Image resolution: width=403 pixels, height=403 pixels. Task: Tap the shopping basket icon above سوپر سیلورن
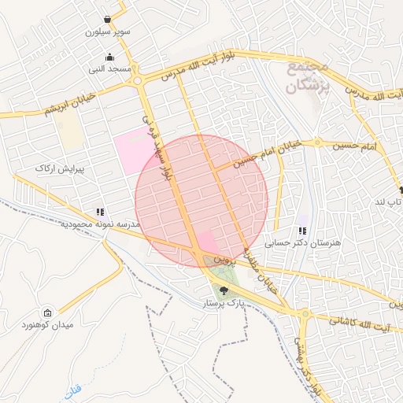(x=106, y=19)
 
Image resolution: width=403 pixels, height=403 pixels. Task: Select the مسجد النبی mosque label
(x=109, y=69)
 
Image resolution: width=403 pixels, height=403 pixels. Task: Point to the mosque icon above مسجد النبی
(x=109, y=56)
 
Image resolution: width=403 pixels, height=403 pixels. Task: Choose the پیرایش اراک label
(x=54, y=168)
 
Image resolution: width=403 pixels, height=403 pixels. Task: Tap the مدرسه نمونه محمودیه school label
(x=100, y=225)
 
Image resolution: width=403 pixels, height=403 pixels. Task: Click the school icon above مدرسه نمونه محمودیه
(x=100, y=212)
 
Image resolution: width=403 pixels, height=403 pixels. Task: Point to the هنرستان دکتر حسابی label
(x=303, y=244)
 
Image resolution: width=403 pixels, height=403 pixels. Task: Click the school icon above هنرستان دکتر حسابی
(x=302, y=231)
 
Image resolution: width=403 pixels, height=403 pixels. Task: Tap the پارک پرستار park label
(x=223, y=302)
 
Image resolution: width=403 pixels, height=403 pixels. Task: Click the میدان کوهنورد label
(x=48, y=324)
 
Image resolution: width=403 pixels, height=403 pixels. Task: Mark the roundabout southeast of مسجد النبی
(x=138, y=80)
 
